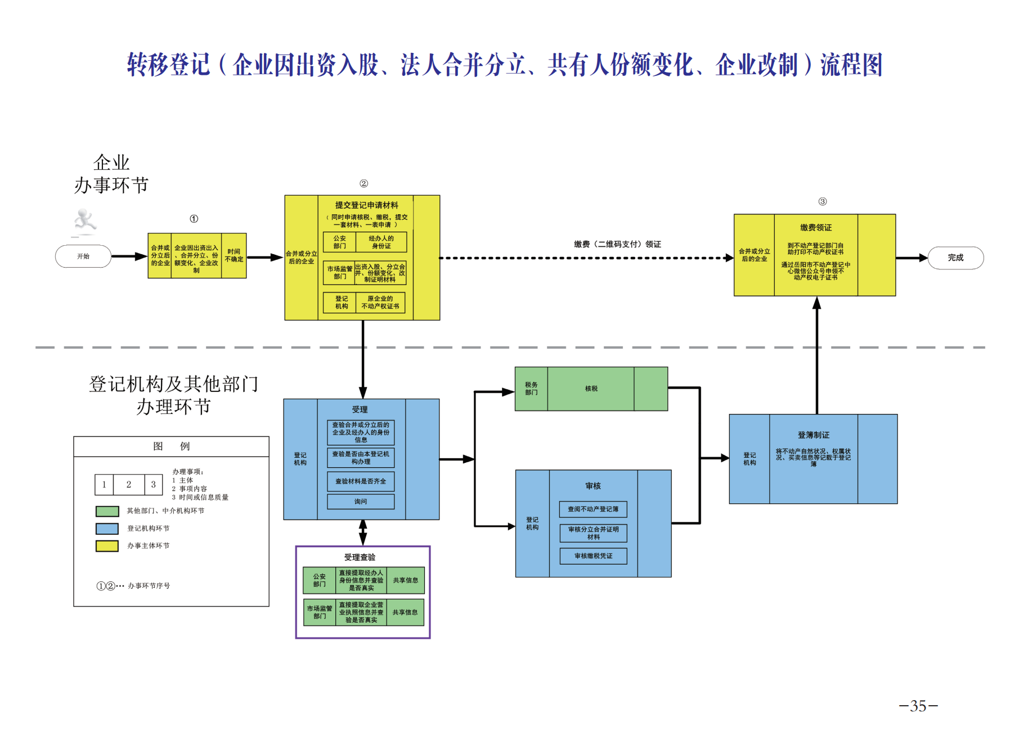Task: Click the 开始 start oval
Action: (83, 256)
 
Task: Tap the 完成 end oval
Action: (955, 258)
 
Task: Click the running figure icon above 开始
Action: (85, 222)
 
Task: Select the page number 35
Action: (918, 706)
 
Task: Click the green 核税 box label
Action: (591, 389)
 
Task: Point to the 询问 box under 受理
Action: (361, 502)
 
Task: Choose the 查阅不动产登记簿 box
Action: (593, 509)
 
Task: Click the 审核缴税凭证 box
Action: (593, 556)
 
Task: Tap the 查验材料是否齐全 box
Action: (361, 481)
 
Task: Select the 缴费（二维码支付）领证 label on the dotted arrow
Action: (617, 244)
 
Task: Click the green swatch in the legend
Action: (107, 511)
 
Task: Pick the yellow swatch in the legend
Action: (107, 546)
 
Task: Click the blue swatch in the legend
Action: (107, 529)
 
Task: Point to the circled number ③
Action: (822, 201)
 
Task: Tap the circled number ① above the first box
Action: (194, 219)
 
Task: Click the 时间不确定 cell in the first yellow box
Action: (234, 256)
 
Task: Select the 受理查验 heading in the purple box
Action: (360, 557)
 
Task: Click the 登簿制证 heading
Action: (813, 435)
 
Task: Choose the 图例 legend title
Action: (171, 447)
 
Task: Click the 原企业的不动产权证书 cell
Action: (380, 303)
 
